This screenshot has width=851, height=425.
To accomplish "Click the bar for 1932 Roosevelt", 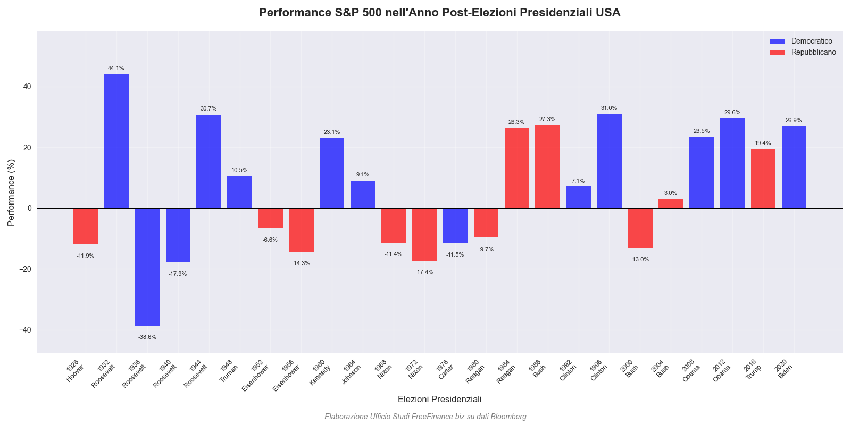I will (116, 141).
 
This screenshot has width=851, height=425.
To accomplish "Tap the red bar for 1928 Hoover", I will (86, 226).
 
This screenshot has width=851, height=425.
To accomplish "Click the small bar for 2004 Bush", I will (671, 204).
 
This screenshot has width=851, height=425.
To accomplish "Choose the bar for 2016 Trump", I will (763, 178).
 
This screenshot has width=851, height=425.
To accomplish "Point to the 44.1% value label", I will (116, 69).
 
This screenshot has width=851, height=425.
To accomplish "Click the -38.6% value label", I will (147, 337).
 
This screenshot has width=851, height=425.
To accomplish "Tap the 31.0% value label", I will (609, 108).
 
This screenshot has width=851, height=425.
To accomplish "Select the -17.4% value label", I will (424, 273).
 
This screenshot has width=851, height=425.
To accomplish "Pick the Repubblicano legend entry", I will (813, 52).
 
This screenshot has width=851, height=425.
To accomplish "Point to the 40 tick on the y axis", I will (27, 87).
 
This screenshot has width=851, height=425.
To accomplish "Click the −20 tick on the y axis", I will (24, 269).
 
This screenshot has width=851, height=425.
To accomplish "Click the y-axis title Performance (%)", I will (11, 192).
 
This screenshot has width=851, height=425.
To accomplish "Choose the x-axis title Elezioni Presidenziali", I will (439, 399).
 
